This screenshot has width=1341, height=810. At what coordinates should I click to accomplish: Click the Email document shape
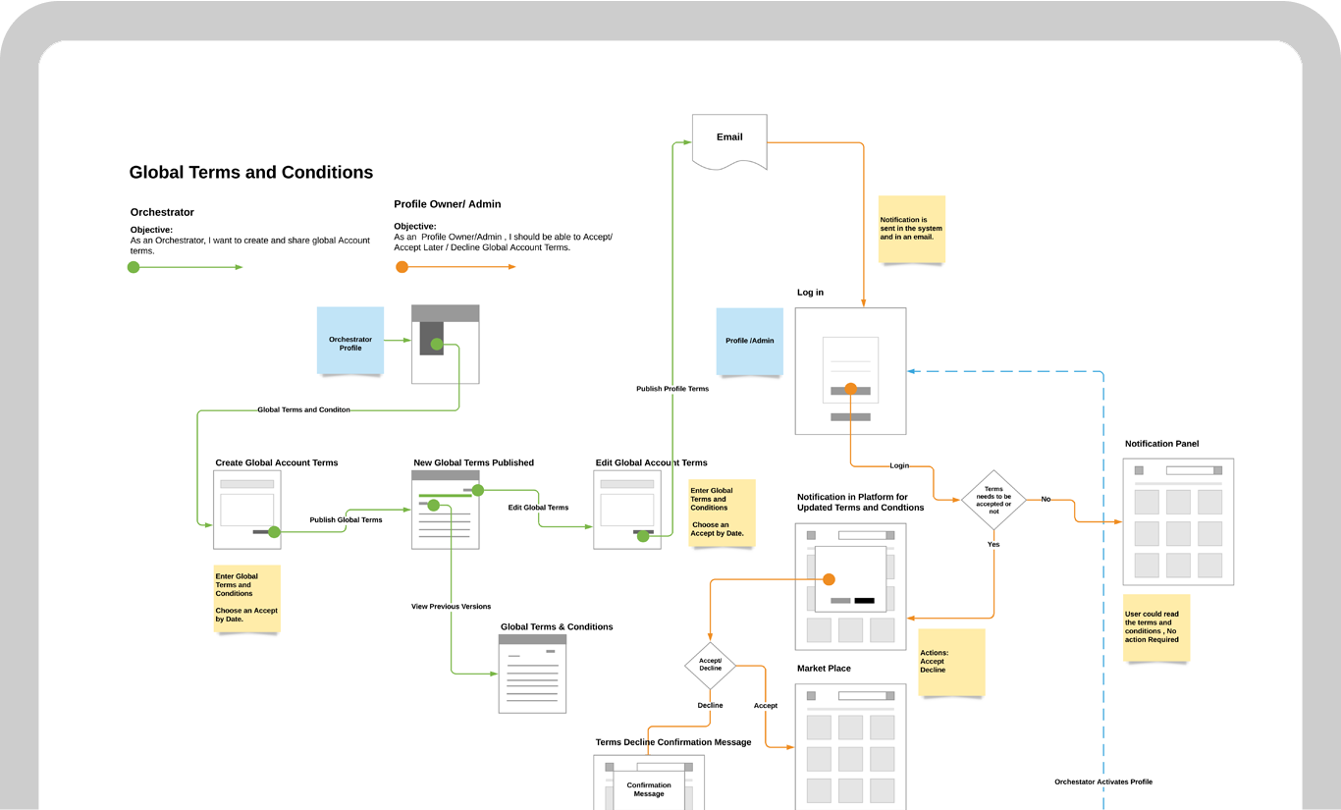click(729, 138)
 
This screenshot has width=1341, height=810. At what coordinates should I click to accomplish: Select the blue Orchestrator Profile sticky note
click(350, 341)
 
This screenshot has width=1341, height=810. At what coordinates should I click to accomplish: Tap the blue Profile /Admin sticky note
click(750, 342)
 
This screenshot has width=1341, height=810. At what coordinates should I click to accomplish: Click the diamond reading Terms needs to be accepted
click(993, 500)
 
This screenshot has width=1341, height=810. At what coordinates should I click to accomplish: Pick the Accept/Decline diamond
click(710, 665)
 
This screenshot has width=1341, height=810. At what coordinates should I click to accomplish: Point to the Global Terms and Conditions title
click(251, 173)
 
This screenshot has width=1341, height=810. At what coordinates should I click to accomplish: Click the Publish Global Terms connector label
click(346, 519)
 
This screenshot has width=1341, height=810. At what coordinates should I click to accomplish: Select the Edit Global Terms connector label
click(538, 508)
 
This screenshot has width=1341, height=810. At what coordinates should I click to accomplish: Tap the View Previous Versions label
click(451, 607)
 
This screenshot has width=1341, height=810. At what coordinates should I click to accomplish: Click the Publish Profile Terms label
click(672, 389)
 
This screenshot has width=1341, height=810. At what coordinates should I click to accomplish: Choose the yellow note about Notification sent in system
click(912, 229)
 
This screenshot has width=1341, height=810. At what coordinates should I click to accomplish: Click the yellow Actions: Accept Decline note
click(951, 662)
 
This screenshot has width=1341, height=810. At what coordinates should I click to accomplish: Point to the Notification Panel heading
click(1161, 444)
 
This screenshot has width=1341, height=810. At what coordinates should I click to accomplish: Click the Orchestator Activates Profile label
click(1103, 782)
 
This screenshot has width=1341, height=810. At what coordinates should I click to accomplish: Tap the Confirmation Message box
click(649, 789)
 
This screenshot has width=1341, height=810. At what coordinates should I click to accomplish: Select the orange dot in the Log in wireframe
click(850, 389)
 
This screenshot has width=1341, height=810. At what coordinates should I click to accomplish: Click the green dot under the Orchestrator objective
click(134, 267)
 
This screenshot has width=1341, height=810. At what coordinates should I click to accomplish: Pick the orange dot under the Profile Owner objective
click(402, 267)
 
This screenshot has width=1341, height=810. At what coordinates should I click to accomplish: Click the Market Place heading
click(824, 669)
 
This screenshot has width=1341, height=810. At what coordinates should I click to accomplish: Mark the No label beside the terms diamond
click(1046, 499)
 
